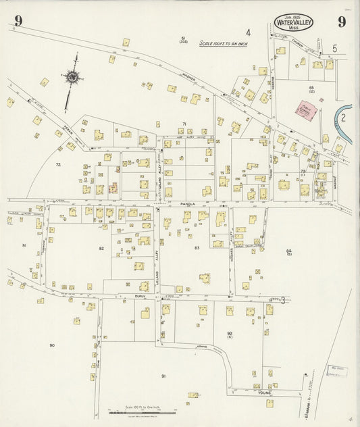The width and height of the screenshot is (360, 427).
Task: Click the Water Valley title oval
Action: pyautogui.click(x=294, y=23)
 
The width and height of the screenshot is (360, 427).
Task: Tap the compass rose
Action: pyautogui.click(x=71, y=77)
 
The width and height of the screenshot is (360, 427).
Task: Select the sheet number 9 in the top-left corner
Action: pyautogui.click(x=18, y=21)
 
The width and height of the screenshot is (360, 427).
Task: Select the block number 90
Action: pyautogui.click(x=52, y=345)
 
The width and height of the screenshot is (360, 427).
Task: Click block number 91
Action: pyautogui.click(x=163, y=376)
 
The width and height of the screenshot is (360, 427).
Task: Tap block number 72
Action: pyautogui.click(x=58, y=165)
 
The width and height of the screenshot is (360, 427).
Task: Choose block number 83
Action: pyautogui.click(x=197, y=249)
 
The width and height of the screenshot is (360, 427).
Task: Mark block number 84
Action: pyautogui.click(x=288, y=251)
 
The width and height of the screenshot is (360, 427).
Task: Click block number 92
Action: pyautogui.click(x=230, y=333)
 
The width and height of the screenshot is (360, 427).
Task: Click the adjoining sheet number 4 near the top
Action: pyautogui.click(x=248, y=32)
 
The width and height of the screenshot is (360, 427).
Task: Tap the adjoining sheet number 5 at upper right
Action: pyautogui.click(x=334, y=49)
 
